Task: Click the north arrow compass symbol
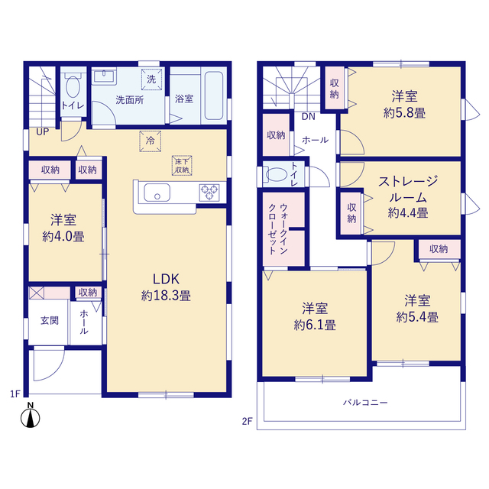pyautogui.click(x=31, y=416)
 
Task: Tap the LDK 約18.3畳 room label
pyautogui.click(x=166, y=287)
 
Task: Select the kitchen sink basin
pyautogui.click(x=157, y=193)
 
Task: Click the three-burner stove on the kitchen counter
pyautogui.click(x=209, y=192)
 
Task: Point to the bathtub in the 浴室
pyautogui.click(x=214, y=96)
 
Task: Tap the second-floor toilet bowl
pyautogui.click(x=277, y=175)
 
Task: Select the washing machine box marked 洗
pyautogui.click(x=151, y=79)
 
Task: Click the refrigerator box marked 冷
pyautogui.click(x=151, y=141)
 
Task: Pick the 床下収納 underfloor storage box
pyautogui.click(x=182, y=166)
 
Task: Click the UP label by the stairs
pyautogui.click(x=43, y=132)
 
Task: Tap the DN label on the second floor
pyautogui.click(x=309, y=117)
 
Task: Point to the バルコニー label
pyautogui.click(x=365, y=403)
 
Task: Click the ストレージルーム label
pyautogui.click(x=408, y=189)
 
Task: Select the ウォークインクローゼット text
pyautogui.click(x=278, y=229)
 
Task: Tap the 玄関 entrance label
pyautogui.click(x=50, y=320)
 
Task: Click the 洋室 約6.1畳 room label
pyautogui.click(x=315, y=316)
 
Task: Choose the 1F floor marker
pyautogui.click(x=15, y=394)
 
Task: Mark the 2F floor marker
pyautogui.click(x=247, y=421)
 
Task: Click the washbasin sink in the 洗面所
pyautogui.click(x=104, y=76)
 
